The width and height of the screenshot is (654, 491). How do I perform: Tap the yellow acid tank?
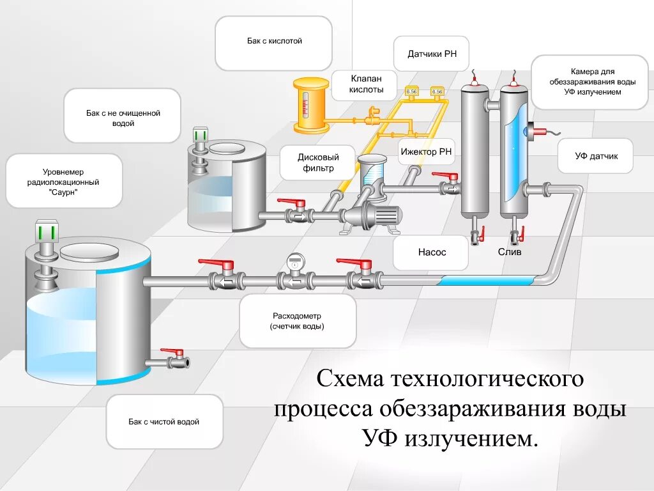pyautogui.click(x=310, y=105)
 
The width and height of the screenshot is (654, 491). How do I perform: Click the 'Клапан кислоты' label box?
pyautogui.click(x=366, y=84)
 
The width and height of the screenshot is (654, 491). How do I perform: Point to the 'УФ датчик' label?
pyautogui.click(x=595, y=156)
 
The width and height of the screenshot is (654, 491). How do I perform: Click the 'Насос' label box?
pyautogui.click(x=432, y=253)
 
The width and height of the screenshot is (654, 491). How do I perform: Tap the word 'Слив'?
pyautogui.click(x=510, y=253)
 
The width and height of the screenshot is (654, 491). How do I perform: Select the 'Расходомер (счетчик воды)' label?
pyautogui.click(x=297, y=321)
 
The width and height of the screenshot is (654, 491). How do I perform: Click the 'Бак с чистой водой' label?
pyautogui.click(x=164, y=422)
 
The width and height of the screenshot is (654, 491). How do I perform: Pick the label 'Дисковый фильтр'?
pyautogui.click(x=317, y=163)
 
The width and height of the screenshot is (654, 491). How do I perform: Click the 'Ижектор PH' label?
pyautogui.click(x=427, y=152)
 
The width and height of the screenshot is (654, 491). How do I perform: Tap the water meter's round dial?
pyautogui.click(x=294, y=260)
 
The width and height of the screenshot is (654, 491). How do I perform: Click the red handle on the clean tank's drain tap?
pyautogui.click(x=172, y=352)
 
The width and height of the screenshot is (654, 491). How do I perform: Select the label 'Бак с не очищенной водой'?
pyautogui.click(x=123, y=118)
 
